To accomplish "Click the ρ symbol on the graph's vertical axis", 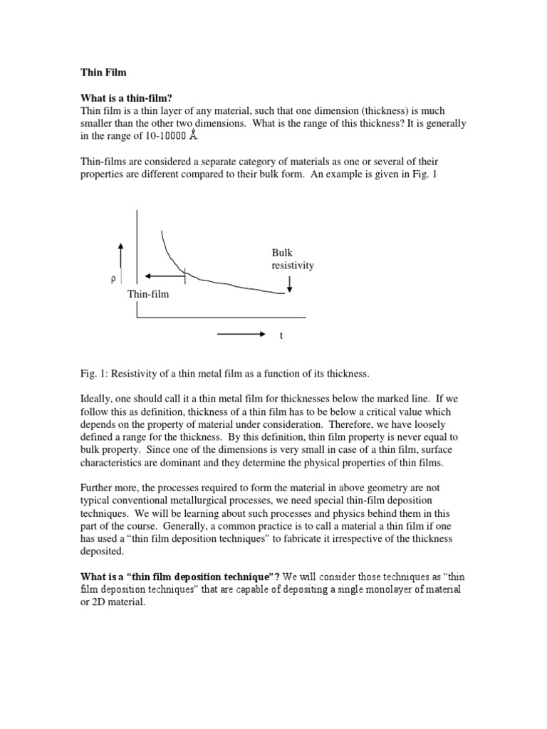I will [x=113, y=279].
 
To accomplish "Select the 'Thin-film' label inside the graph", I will [x=148, y=293].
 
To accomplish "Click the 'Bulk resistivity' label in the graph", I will [x=292, y=259].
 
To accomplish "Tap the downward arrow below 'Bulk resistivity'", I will [x=289, y=284].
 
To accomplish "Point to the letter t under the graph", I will [x=281, y=335].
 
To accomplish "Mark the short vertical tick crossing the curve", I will [x=184, y=274].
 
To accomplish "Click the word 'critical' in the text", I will [x=392, y=412].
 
